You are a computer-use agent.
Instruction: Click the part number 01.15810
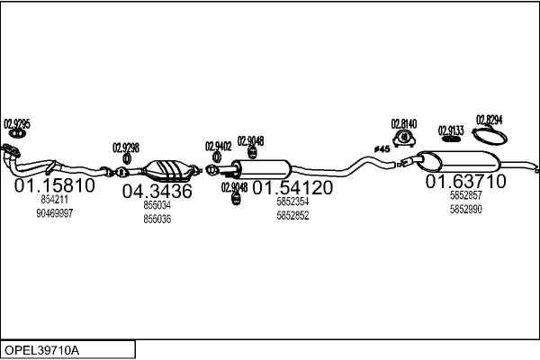[x=55, y=185]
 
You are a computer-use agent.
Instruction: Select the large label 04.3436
[x=157, y=191]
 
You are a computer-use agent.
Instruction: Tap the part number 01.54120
[x=292, y=187]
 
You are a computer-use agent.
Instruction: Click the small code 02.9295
[x=16, y=123]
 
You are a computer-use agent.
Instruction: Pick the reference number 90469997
[x=55, y=213]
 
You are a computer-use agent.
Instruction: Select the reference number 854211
[x=55, y=199]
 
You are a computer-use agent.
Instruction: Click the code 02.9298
[x=126, y=148]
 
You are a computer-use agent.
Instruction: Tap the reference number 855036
[x=157, y=219]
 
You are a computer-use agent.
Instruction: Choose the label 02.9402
[x=218, y=146]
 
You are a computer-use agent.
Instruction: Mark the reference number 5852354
[x=292, y=202]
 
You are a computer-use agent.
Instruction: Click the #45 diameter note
[x=381, y=148]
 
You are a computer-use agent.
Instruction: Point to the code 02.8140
[x=403, y=123]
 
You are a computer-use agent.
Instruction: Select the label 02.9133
[x=451, y=130]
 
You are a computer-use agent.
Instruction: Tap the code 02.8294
[x=489, y=119]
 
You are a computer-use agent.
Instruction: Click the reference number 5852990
[x=465, y=209]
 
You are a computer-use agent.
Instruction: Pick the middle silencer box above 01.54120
[x=265, y=168]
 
